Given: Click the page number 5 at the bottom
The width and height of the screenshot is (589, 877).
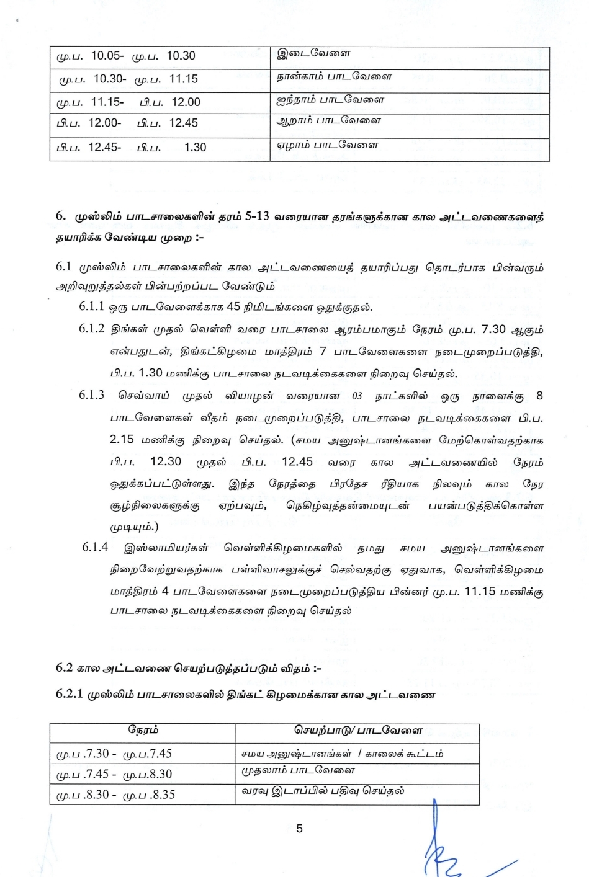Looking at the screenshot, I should click(x=300, y=829).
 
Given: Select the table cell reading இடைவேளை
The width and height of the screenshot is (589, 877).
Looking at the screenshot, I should click(x=313, y=53).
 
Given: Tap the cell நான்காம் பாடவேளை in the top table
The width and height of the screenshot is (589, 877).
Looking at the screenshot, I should click(x=334, y=77).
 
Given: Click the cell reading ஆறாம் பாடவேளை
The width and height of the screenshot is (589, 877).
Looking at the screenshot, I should click(x=328, y=120).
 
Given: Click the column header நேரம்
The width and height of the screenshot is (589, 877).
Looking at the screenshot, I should click(x=143, y=730).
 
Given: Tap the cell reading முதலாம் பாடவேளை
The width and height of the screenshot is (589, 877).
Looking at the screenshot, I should click(x=298, y=770).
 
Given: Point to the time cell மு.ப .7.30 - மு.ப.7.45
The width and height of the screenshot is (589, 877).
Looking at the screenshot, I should click(x=114, y=754).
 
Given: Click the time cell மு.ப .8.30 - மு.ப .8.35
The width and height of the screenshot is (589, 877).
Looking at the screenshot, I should click(x=115, y=795).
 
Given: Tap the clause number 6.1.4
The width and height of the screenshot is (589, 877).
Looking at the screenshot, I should click(x=95, y=547).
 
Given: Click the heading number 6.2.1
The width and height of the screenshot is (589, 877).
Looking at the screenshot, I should click(x=69, y=693).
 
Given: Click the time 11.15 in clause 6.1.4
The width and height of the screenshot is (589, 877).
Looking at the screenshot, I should click(x=480, y=591).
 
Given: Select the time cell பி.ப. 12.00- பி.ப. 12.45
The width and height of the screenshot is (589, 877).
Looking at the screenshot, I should click(x=127, y=123).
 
